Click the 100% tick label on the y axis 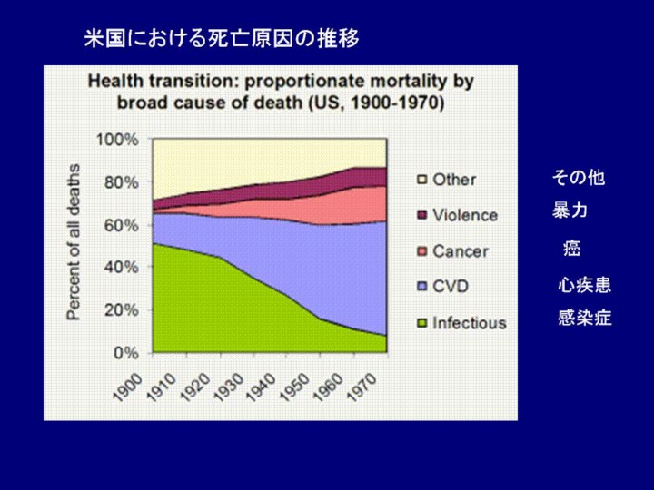pyautogui.click(x=118, y=140)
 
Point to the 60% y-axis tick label pyautogui.click(x=122, y=225)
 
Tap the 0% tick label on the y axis pyautogui.click(x=125, y=352)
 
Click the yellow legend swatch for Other pyautogui.click(x=421, y=180)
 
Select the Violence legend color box pyautogui.click(x=421, y=215)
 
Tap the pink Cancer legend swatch pyautogui.click(x=421, y=250)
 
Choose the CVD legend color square pyautogui.click(x=421, y=287)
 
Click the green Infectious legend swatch pyautogui.click(x=421, y=322)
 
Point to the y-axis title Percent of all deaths pyautogui.click(x=74, y=241)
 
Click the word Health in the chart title pyautogui.click(x=115, y=82)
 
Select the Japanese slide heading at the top pyautogui.click(x=222, y=38)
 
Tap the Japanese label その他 pyautogui.click(x=579, y=178)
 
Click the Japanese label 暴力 pyautogui.click(x=570, y=211)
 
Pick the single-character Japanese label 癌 pyautogui.click(x=571, y=248)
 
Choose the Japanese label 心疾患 pyautogui.click(x=584, y=286)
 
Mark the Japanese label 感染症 pyautogui.click(x=584, y=318)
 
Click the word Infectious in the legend pyautogui.click(x=470, y=322)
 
